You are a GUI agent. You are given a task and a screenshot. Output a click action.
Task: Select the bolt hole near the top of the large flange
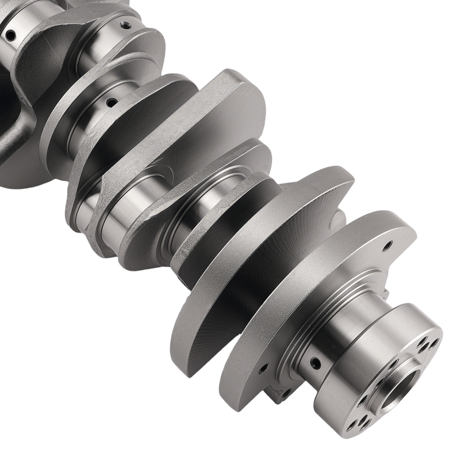tap(387, 243)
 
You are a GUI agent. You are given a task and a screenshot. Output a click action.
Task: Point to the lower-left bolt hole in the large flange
tap(263, 368)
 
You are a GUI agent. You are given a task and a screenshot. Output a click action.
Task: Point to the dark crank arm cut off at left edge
tap(14, 115)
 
